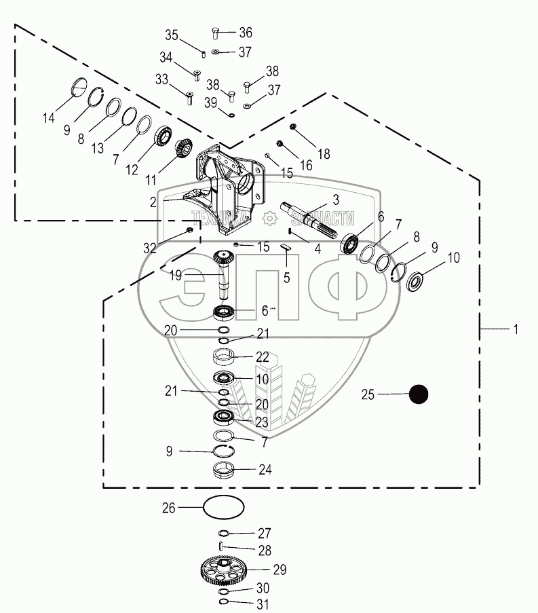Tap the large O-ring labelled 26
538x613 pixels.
tap(223, 507)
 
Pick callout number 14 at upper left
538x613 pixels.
tap(48, 118)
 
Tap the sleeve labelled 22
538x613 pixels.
tap(224, 356)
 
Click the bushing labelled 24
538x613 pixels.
tap(224, 470)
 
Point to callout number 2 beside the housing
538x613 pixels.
tap(153, 202)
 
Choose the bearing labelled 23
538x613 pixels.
tap(224, 417)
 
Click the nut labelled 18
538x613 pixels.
tap(293, 128)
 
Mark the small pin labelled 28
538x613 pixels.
tap(222, 547)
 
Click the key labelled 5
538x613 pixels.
tap(286, 248)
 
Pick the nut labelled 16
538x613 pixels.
tap(280, 144)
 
